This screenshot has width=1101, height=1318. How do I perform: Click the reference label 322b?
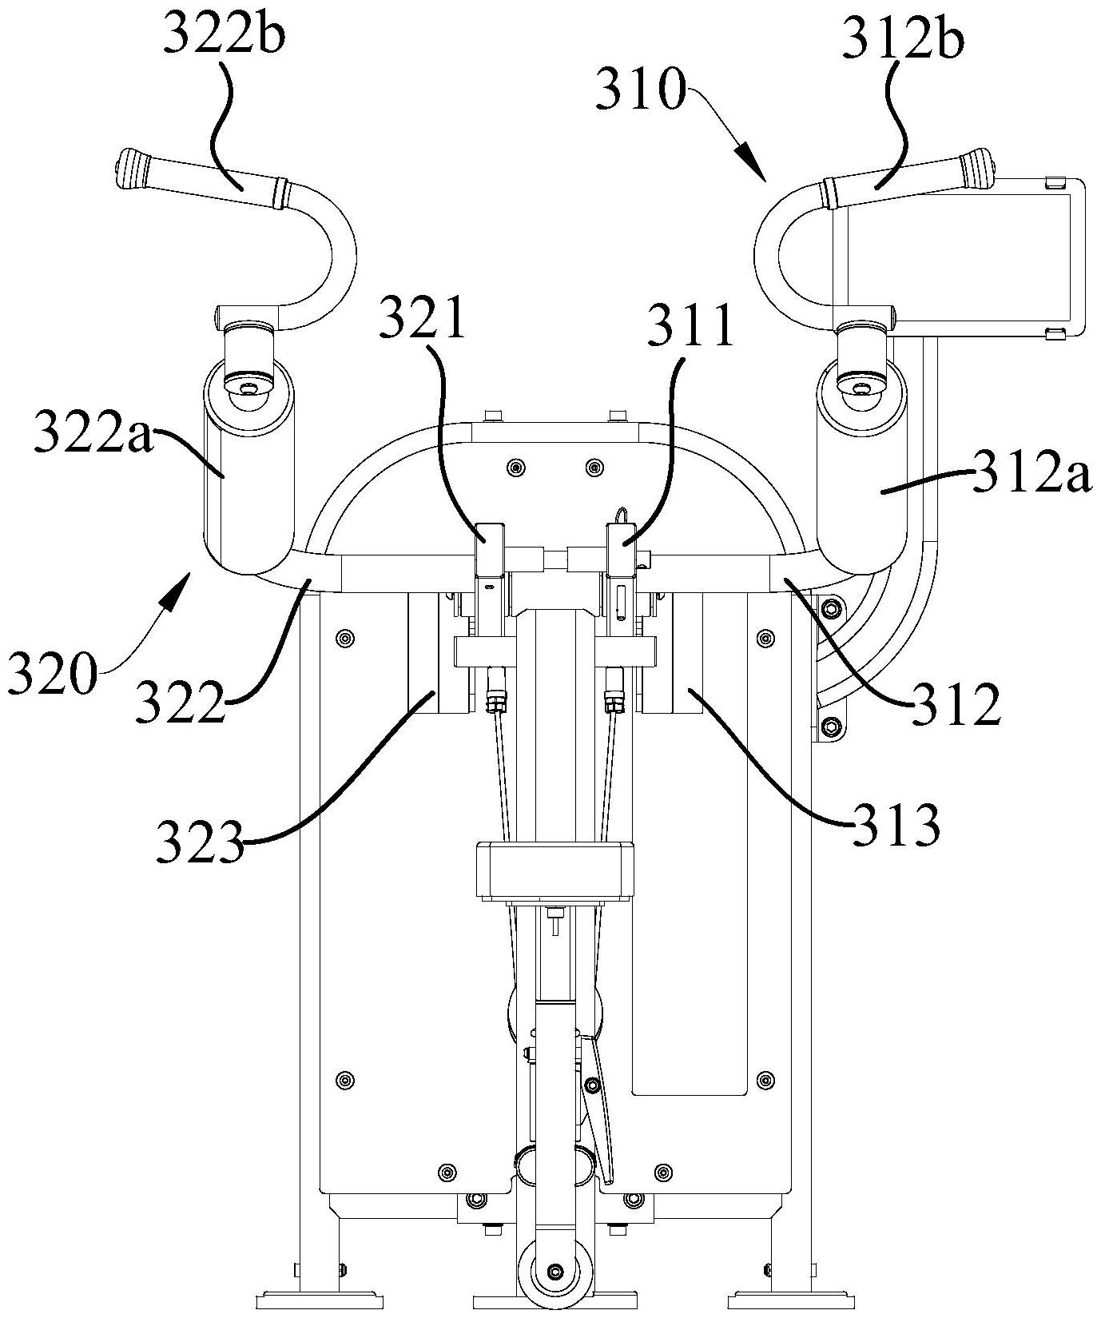(x=225, y=37)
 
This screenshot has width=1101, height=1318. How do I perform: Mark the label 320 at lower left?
(x=51, y=676)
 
